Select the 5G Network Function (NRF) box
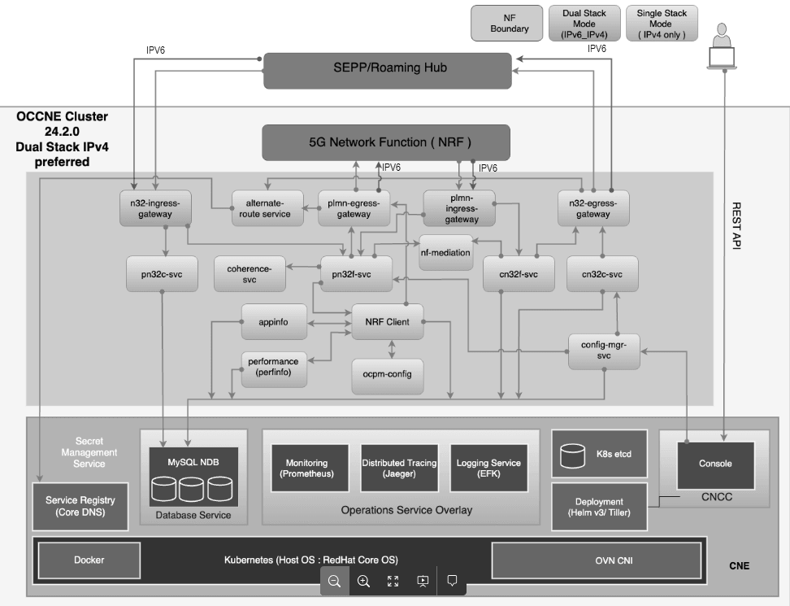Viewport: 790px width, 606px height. click(385, 142)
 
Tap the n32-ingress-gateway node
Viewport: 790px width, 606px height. click(154, 208)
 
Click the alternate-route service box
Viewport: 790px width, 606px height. click(267, 208)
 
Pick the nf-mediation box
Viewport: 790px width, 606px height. click(445, 252)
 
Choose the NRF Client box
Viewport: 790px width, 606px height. click(386, 321)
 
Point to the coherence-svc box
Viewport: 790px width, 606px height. click(250, 274)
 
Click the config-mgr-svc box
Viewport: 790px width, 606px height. click(603, 350)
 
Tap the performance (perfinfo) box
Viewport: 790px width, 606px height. click(273, 367)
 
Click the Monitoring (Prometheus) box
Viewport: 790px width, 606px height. click(310, 468)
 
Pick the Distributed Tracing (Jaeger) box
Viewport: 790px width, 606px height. click(398, 468)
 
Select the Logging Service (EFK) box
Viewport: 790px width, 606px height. click(488, 468)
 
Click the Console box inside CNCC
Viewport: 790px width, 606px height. click(715, 464)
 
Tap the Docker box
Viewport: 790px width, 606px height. click(89, 560)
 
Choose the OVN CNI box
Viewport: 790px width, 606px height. click(596, 560)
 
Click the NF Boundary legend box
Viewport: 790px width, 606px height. click(510, 24)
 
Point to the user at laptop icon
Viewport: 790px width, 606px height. click(720, 46)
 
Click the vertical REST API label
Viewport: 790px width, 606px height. click(737, 225)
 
